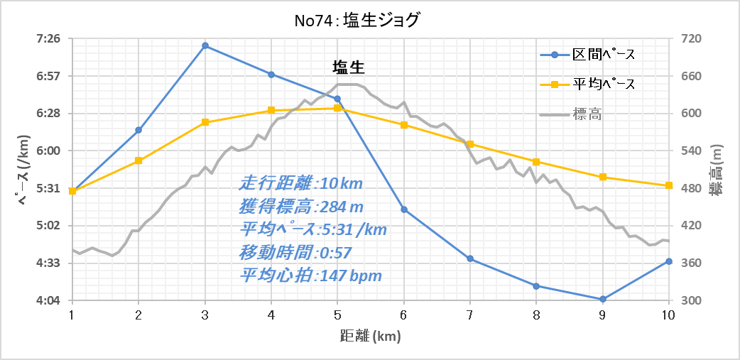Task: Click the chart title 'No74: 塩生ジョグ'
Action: coord(357,20)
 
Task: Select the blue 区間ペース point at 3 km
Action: coord(205,45)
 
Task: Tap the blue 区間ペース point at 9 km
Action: coord(603,299)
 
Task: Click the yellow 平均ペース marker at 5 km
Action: coord(337,108)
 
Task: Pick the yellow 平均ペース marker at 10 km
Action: coord(669,185)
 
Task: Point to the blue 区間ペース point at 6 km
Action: coord(404,209)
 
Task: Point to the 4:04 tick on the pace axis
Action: coord(48,301)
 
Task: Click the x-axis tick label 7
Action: coord(470,315)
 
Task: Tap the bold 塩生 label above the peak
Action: coord(349,67)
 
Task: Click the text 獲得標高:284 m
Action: coord(302,207)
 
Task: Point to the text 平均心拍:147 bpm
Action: coord(311,276)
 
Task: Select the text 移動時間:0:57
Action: coord(296,252)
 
